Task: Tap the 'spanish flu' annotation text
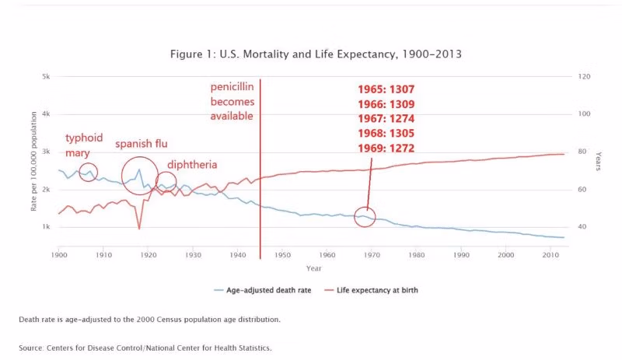click(x=142, y=144)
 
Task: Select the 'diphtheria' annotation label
click(x=192, y=165)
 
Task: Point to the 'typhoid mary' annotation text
click(x=83, y=145)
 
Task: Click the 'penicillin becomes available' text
click(x=232, y=101)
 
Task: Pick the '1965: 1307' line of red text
click(x=386, y=90)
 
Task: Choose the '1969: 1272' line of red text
click(x=386, y=149)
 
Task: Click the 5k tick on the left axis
click(x=46, y=77)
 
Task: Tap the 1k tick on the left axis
click(x=46, y=227)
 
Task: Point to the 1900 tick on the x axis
click(x=59, y=254)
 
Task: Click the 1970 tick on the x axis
click(x=372, y=254)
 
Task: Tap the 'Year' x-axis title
click(x=313, y=268)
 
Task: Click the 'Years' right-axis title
click(x=598, y=162)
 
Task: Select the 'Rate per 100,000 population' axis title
click(x=33, y=162)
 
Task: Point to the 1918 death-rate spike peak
click(x=139, y=170)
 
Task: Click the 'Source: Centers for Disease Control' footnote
click(x=145, y=348)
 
